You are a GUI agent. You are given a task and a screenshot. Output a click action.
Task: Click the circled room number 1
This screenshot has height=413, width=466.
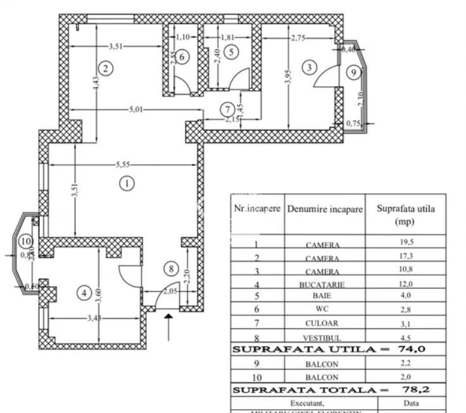[127, 184]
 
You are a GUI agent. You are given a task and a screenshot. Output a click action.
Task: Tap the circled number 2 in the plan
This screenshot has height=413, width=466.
[106, 68]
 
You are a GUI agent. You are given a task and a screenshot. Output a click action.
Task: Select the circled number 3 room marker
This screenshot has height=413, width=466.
[309, 67]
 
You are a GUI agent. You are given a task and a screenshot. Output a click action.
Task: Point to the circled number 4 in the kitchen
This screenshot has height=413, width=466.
[84, 293]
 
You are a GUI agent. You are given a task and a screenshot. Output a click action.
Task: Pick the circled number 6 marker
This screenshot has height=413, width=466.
[182, 56]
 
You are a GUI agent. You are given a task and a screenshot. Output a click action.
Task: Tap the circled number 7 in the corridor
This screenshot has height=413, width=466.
[227, 109]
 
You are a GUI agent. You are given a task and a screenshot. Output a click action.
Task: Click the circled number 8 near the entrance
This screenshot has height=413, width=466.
[168, 268]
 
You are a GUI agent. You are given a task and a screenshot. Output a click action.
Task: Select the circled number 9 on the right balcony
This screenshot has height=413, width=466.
[355, 73]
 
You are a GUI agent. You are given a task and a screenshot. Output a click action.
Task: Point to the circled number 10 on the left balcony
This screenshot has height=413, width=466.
[25, 241]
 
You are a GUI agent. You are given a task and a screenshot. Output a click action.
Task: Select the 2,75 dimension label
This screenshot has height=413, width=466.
[298, 39]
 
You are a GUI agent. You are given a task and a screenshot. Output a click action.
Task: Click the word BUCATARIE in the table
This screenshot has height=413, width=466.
[322, 285]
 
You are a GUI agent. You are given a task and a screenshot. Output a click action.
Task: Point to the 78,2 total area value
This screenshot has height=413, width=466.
[415, 390]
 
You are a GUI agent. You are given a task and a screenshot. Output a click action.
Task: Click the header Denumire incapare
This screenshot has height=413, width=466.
[325, 209]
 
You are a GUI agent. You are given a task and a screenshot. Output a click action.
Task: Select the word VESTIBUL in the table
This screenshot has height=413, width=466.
[323, 339]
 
